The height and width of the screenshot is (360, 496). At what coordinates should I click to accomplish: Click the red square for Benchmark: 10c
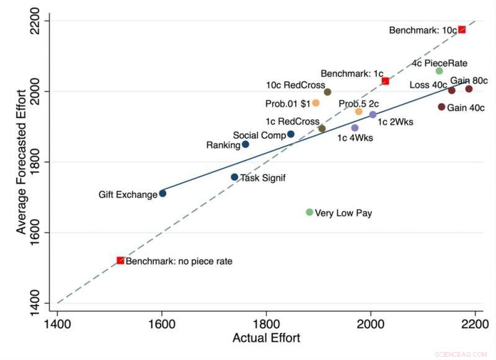pos(462,30)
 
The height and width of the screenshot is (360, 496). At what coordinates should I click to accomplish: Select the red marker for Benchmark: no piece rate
pos(120,261)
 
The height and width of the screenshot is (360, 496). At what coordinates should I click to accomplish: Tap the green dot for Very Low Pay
pos(309,213)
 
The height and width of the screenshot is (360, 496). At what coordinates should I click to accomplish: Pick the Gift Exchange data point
pos(162,193)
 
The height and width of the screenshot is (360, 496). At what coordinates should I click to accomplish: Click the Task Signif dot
pos(234,177)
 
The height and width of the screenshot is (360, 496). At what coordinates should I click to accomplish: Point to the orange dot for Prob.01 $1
pos(316,103)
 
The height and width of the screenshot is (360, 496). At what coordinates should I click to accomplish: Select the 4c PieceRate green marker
pos(440,71)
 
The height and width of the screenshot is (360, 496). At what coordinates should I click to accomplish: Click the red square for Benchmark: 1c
pos(385,81)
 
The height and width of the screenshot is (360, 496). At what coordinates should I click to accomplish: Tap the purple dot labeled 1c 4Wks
pos(355,128)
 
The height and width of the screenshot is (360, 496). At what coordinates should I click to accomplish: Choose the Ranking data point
pos(246,144)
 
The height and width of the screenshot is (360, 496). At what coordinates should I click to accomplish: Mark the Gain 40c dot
pos(441,107)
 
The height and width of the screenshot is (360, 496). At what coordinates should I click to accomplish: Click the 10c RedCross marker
pos(327,92)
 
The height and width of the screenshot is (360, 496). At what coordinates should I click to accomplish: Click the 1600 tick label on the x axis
pos(162,323)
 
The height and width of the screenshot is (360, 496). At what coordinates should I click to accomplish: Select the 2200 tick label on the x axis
pos(475,323)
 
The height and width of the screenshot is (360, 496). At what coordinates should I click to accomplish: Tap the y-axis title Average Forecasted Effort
pos(22,162)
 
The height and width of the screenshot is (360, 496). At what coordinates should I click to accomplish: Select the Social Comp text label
pos(259,135)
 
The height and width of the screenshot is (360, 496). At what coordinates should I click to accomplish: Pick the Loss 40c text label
pos(428,85)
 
